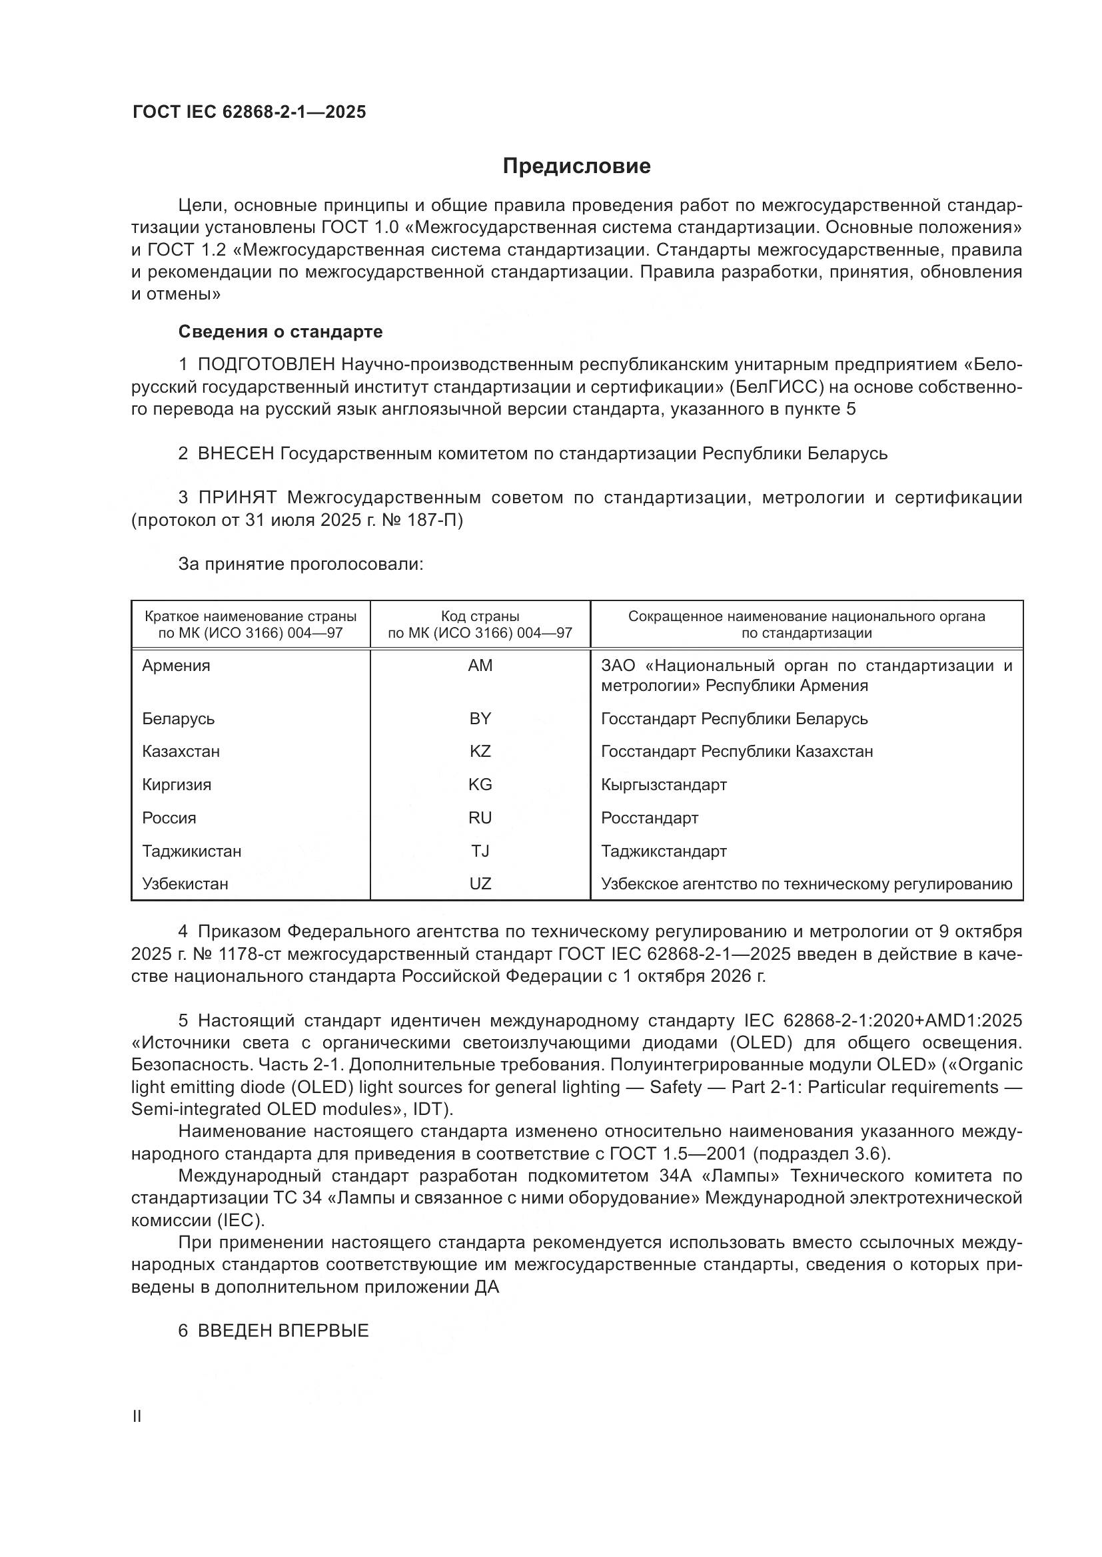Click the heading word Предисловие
pos(576,166)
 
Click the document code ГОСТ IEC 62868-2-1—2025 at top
pos(249,112)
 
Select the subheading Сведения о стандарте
pos(280,332)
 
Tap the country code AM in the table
pos(480,666)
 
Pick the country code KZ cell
pos(480,752)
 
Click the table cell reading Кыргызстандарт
pos(664,785)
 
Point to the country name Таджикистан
pos(191,851)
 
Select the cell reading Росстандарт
pos(650,818)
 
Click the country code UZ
pos(480,884)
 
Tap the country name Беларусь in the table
pos(178,719)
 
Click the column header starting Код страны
pos(480,624)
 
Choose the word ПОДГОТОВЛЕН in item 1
pos(267,365)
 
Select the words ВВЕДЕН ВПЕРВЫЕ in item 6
pos(283,1331)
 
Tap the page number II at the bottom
pos(137,1417)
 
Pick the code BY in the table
pos(480,719)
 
